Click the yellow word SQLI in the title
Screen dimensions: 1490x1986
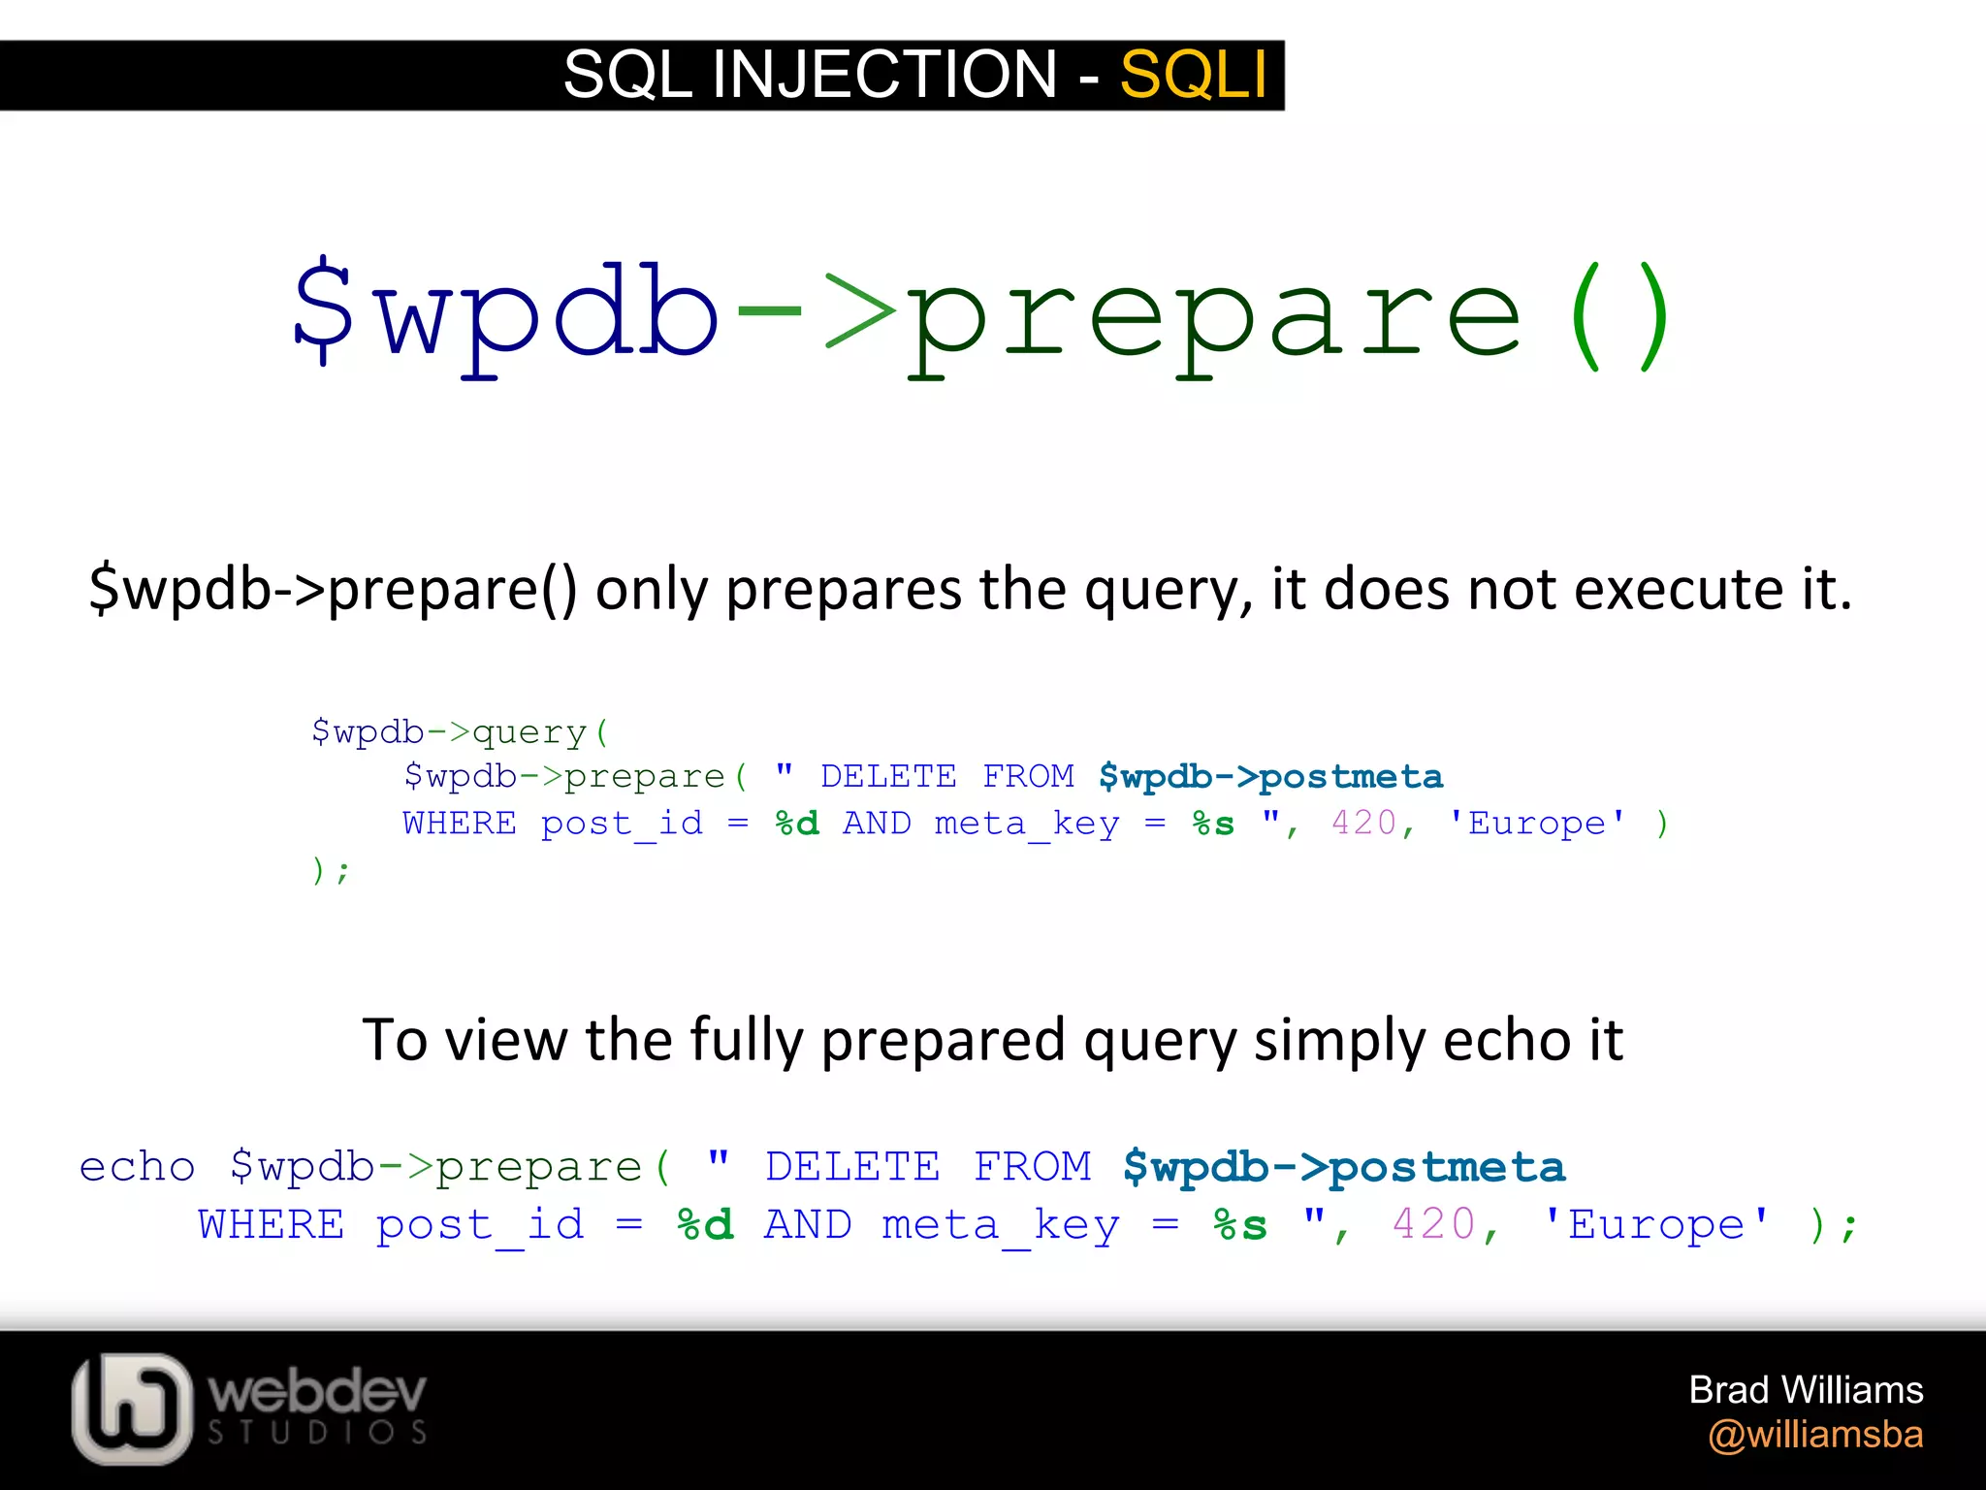point(1193,75)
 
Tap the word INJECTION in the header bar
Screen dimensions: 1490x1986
point(883,75)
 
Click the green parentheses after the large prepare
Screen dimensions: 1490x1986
point(1618,315)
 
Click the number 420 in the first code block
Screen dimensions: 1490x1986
point(1363,824)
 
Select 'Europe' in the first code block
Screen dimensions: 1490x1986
point(1537,824)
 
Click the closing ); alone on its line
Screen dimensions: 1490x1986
point(330,870)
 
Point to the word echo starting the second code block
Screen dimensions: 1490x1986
point(137,1167)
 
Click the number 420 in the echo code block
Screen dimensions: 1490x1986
point(1434,1225)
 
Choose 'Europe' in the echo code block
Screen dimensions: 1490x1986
point(1657,1225)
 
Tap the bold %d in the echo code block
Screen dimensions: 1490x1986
point(705,1225)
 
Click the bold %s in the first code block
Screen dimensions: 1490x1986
point(1213,824)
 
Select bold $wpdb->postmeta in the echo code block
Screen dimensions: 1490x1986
point(1344,1167)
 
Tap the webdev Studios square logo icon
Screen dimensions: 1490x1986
point(131,1409)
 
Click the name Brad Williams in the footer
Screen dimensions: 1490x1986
point(1806,1390)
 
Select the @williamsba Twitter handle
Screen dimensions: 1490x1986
point(1815,1435)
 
